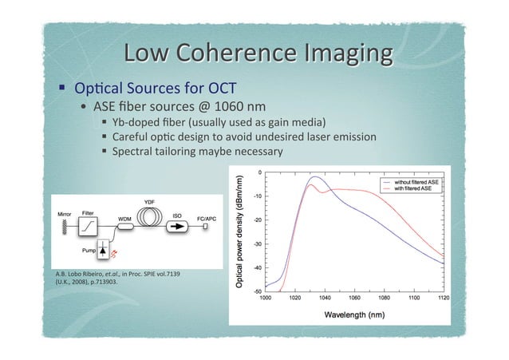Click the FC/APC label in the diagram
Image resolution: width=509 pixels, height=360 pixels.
pos(208,217)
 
